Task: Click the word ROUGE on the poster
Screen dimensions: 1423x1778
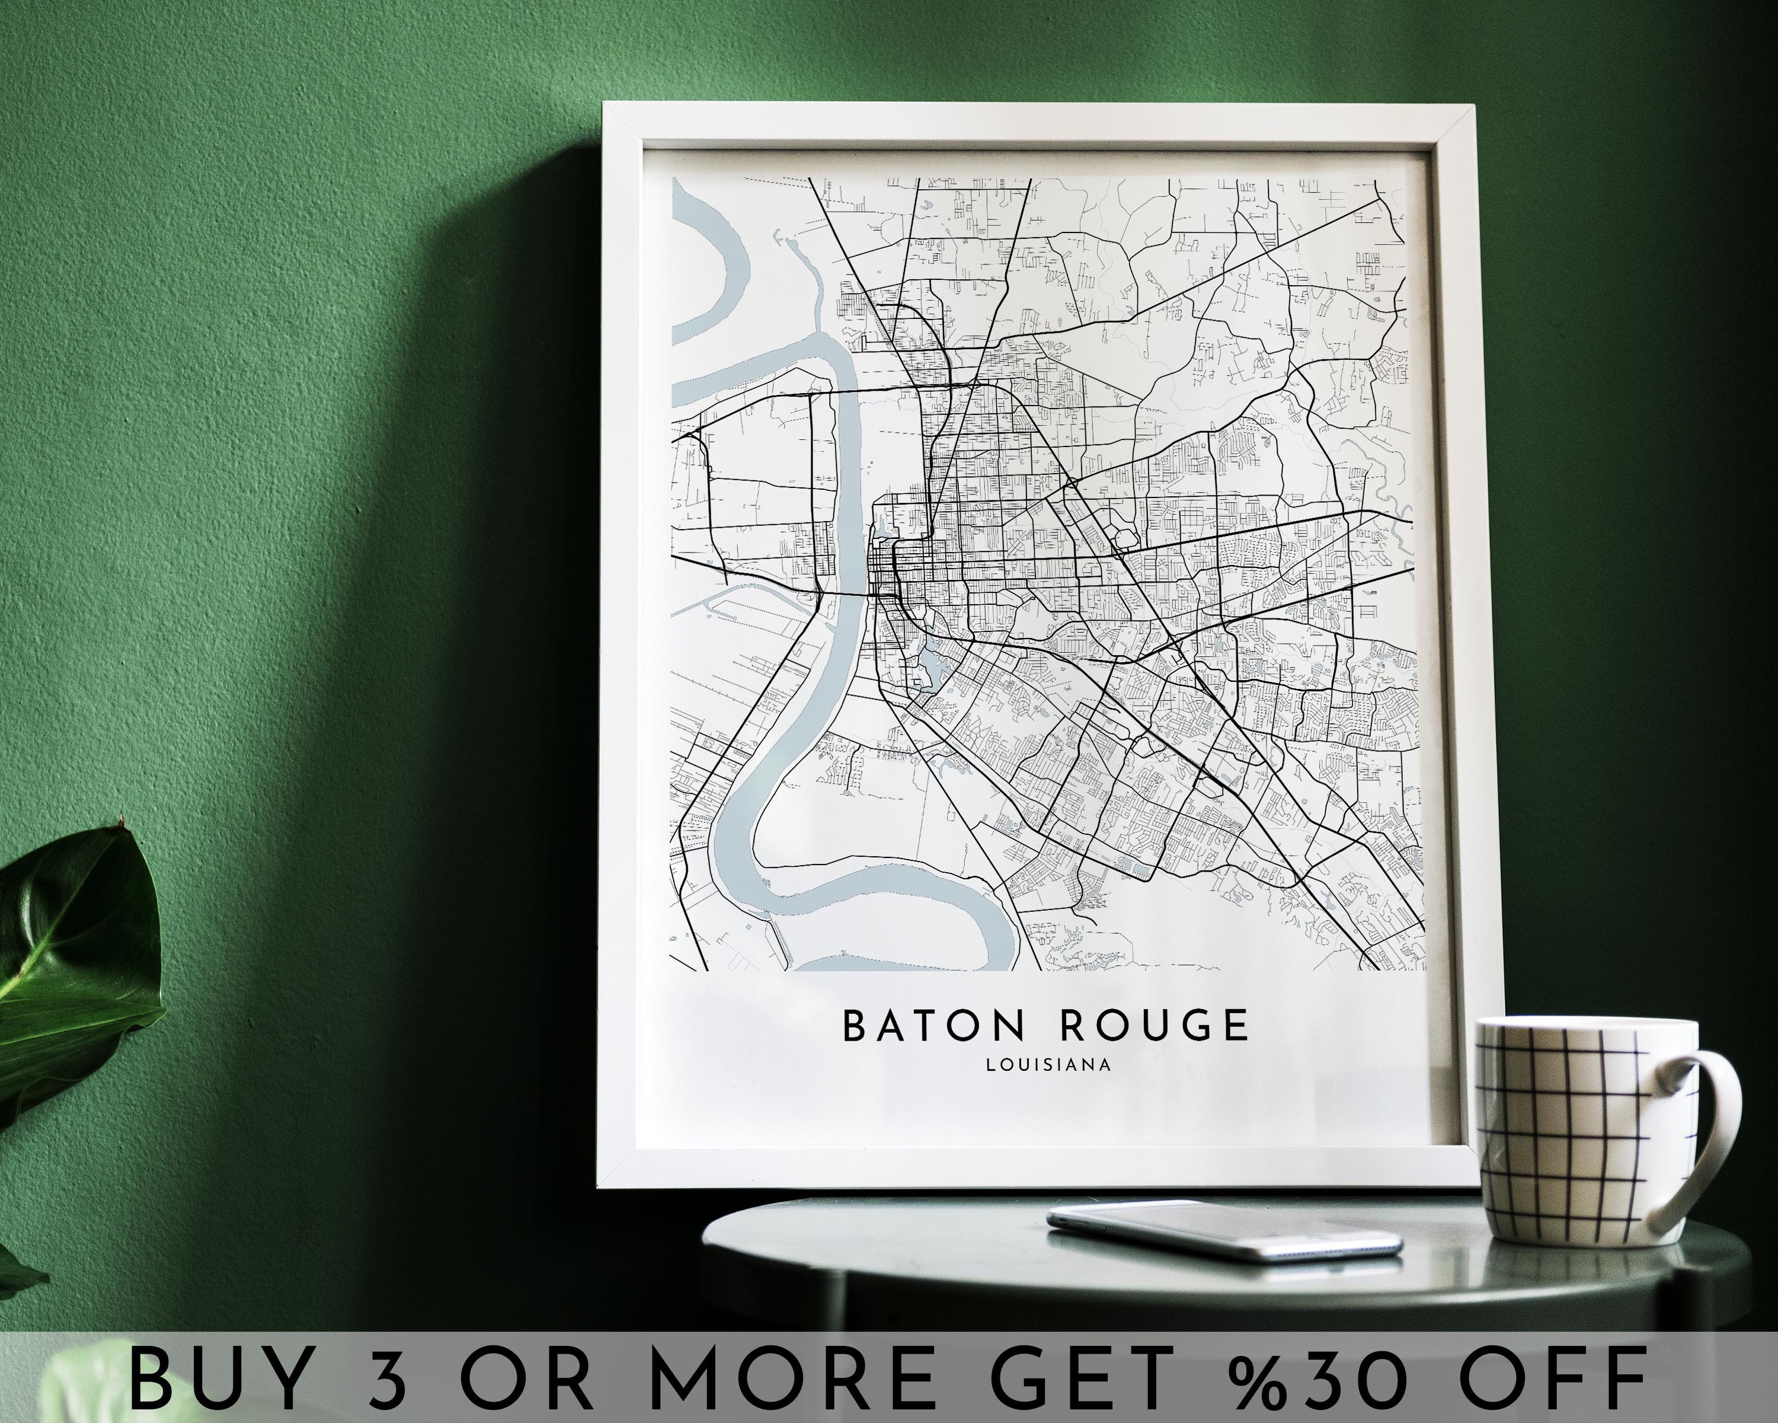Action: [1155, 1025]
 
